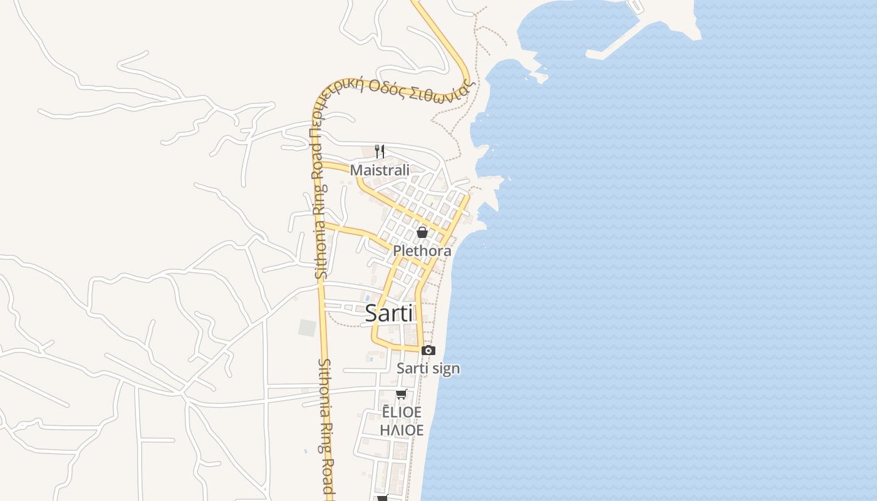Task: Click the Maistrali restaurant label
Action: pyautogui.click(x=380, y=170)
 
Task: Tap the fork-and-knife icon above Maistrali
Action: pyautogui.click(x=379, y=151)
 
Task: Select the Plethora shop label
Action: pyautogui.click(x=422, y=251)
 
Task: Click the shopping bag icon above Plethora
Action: pyautogui.click(x=422, y=232)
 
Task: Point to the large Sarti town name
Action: pyautogui.click(x=388, y=313)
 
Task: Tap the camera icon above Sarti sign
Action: pyautogui.click(x=428, y=351)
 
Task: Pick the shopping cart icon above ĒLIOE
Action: pyautogui.click(x=401, y=394)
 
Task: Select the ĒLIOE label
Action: pyautogui.click(x=402, y=412)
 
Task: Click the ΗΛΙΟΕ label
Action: pyautogui.click(x=402, y=430)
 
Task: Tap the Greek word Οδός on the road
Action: pyautogui.click(x=387, y=87)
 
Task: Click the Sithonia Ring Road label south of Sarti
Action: pyautogui.click(x=328, y=426)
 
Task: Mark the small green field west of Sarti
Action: pyautogui.click(x=307, y=328)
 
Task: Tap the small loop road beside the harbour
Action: pyautogui.click(x=635, y=6)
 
